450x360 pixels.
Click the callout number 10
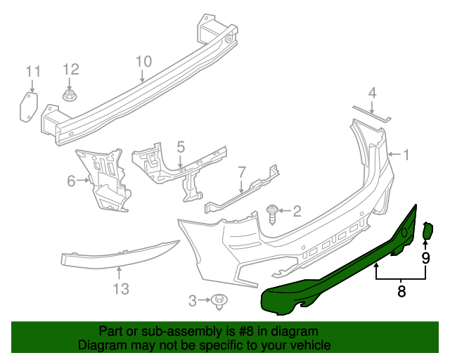[143, 62]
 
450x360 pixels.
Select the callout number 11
[33, 72]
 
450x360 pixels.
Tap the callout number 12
[71, 69]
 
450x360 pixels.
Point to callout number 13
[121, 289]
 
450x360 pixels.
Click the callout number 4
[373, 92]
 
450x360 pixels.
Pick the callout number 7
[241, 172]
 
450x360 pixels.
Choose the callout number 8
[401, 291]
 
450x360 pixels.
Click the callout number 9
[425, 257]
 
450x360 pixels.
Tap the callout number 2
[297, 210]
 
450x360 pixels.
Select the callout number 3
[193, 302]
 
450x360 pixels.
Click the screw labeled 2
[273, 213]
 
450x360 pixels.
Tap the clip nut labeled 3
[219, 302]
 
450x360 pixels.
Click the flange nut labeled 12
[70, 94]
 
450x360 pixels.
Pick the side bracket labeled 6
[107, 179]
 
